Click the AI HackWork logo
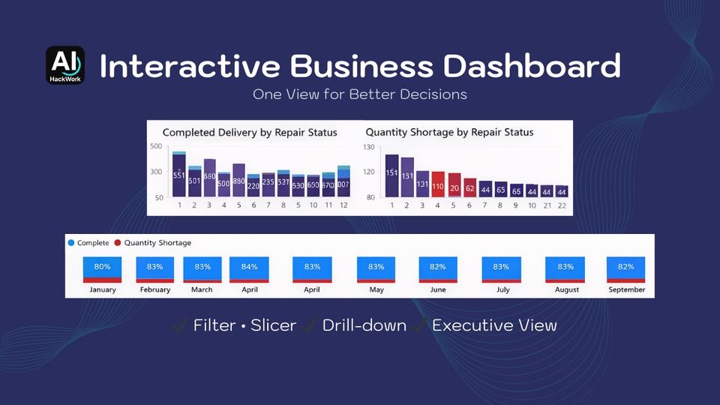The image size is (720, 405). (x=65, y=65)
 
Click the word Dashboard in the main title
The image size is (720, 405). (x=532, y=66)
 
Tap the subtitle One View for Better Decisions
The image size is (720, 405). (x=360, y=94)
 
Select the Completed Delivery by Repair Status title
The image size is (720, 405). (x=250, y=132)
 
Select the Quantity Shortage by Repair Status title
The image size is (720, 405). (x=449, y=132)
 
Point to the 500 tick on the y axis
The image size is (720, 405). (x=155, y=146)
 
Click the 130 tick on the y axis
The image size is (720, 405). (x=368, y=147)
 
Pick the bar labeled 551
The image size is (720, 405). (x=178, y=175)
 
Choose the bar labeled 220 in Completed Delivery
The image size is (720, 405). (x=253, y=185)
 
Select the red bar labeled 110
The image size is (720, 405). (x=438, y=184)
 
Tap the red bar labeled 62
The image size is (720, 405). (x=469, y=187)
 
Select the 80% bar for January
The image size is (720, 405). (x=103, y=269)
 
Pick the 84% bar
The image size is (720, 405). (x=249, y=269)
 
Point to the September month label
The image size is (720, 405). (x=625, y=289)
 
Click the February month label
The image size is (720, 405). (x=155, y=289)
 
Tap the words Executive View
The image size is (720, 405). (x=494, y=325)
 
